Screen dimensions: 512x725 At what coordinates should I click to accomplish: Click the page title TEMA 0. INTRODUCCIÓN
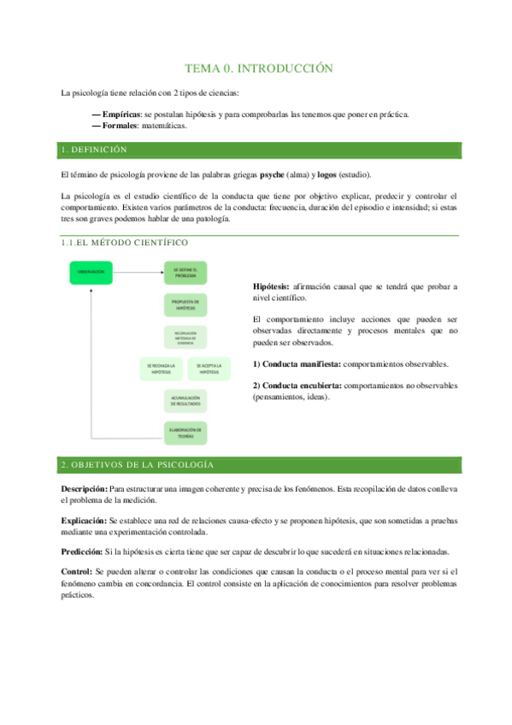pos(259,68)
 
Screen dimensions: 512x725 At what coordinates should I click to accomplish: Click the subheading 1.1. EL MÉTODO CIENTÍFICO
pos(125,243)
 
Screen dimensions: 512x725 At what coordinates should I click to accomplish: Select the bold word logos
pos(327,174)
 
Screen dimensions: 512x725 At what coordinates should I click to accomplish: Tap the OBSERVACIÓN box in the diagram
pos(91,272)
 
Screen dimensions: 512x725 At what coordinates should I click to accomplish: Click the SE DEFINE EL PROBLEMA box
pos(185,272)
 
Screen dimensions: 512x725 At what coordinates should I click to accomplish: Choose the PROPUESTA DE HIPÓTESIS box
pos(185,304)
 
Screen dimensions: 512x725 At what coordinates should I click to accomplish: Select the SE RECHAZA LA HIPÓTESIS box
pos(162,368)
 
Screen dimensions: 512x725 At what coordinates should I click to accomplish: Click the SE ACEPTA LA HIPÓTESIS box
pos(209,368)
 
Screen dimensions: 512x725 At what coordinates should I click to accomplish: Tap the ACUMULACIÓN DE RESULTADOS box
pos(185,400)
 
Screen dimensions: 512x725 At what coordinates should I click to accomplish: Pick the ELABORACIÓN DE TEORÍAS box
pos(185,433)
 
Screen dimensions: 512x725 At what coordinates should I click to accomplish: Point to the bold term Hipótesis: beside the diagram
pos(271,286)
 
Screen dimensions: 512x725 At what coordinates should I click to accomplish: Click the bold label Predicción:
pos(82,551)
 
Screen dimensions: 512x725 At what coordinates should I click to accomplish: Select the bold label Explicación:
pos(84,520)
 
